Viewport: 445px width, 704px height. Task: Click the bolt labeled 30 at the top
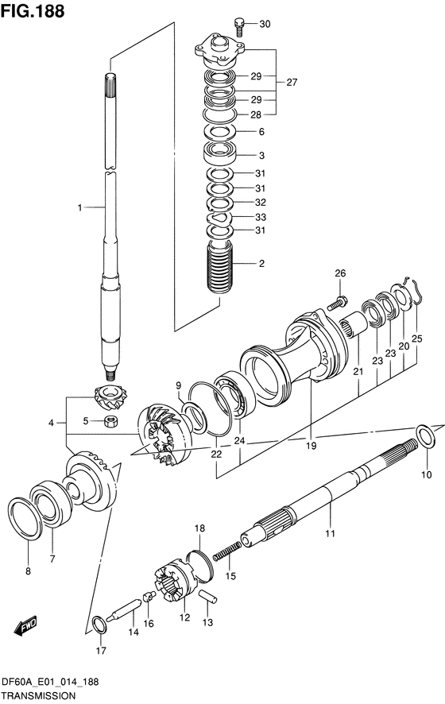point(240,26)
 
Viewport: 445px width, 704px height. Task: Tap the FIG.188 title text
point(33,11)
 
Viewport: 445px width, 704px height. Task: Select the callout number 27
point(292,82)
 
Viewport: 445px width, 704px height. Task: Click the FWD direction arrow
point(25,625)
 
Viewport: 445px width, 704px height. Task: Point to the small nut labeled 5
point(110,421)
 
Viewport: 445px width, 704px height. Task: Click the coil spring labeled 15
point(226,551)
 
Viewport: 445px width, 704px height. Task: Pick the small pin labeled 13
point(208,597)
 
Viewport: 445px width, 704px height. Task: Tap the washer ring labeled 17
point(99,625)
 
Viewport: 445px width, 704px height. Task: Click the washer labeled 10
point(425,436)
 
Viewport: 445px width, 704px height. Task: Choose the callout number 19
point(311,446)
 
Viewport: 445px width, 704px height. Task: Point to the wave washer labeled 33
point(219,217)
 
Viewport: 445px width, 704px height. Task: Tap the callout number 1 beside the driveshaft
point(79,207)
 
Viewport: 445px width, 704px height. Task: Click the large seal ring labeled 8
point(25,518)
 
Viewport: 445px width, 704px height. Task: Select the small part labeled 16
point(149,596)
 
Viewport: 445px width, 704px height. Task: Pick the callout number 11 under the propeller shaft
point(330,533)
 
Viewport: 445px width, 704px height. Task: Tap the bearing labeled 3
point(219,154)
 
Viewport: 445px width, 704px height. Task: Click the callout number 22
point(216,454)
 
